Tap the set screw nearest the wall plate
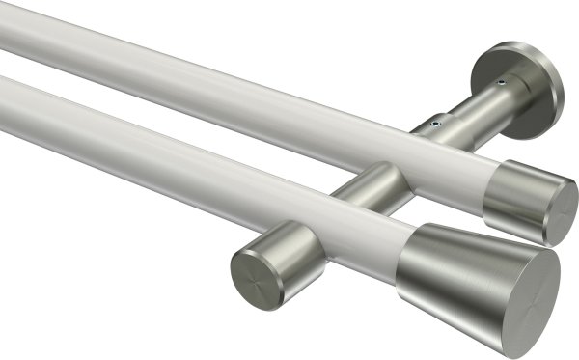[500, 84]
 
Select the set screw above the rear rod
[435, 124]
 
